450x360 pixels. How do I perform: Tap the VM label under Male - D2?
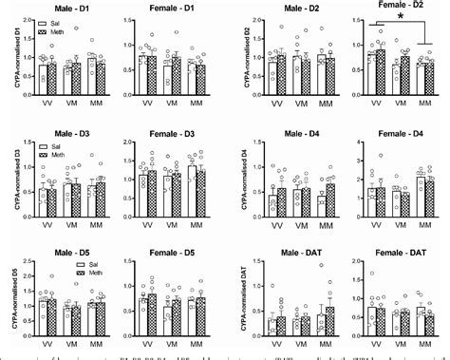point(303,102)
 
